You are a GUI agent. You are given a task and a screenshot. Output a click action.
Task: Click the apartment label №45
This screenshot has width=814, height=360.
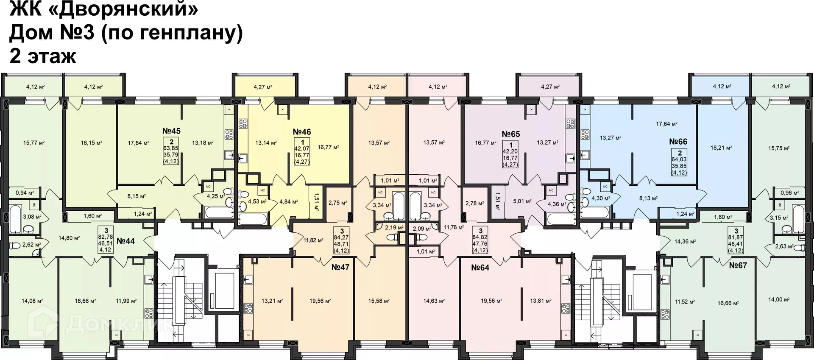coord(171,131)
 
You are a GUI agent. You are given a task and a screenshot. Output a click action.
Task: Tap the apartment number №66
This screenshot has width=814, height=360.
coord(678,142)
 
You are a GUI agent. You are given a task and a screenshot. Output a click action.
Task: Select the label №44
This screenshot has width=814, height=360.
coord(125,241)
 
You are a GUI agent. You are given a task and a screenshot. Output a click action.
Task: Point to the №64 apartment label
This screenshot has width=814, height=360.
coord(480,268)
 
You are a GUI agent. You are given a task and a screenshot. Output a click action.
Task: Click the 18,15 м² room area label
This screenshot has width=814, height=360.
coord(91,143)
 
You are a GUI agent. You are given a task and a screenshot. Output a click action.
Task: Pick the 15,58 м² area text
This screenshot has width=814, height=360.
coord(379,301)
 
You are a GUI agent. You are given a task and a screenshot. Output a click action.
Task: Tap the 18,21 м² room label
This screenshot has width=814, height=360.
coord(721,148)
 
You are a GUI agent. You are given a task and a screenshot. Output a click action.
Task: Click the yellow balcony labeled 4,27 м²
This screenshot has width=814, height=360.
coord(263,87)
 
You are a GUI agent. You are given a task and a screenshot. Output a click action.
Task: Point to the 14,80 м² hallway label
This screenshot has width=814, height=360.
coord(69,238)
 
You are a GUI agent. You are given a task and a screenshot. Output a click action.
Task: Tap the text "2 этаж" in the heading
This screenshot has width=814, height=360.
coord(42,56)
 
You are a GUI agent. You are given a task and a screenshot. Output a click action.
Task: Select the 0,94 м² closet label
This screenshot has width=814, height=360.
coord(24,193)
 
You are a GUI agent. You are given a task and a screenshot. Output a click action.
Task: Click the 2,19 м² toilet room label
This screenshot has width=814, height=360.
coord(393,228)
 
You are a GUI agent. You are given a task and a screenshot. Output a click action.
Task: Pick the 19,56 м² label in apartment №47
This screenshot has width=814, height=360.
coord(320,301)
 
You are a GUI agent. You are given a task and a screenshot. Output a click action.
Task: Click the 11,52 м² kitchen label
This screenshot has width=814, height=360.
coord(685,302)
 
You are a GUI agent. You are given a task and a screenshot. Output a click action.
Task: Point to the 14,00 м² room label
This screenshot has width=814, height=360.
coord(779,299)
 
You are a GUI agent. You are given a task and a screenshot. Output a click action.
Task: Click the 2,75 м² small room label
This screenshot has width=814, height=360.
coord(337,203)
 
